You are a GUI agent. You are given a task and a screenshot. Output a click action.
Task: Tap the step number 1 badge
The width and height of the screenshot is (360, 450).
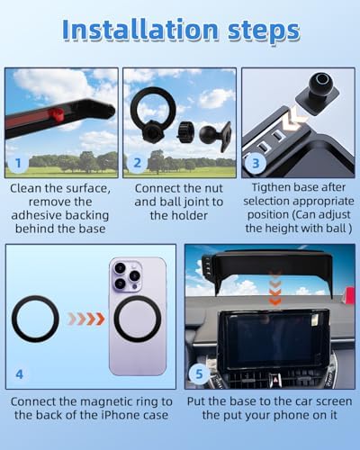coord(18,163)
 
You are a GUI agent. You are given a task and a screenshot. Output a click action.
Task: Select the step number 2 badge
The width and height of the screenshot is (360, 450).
coord(137,163)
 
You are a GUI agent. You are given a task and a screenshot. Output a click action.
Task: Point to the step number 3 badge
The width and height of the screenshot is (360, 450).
coord(256,163)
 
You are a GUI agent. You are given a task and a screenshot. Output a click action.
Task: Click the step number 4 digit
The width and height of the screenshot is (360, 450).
coord(19,374)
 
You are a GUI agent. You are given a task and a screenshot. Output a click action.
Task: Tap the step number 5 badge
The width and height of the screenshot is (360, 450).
coord(199,374)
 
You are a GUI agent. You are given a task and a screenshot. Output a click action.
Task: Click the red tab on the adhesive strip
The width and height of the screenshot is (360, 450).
coord(56,114)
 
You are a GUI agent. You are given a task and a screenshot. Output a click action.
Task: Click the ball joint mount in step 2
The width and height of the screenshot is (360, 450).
coord(215,135)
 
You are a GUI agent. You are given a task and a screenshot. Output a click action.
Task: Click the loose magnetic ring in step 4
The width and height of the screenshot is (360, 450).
coord(35,319)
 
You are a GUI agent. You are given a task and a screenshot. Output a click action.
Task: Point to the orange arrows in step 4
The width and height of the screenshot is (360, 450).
coord(86,319)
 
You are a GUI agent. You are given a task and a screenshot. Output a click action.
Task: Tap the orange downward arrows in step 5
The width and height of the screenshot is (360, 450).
coord(274,287)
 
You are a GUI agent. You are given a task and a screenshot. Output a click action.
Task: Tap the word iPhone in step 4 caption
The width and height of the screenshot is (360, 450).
coord(112,415)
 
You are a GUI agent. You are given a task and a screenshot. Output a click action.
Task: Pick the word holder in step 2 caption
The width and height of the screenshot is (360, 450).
coord(190,215)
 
